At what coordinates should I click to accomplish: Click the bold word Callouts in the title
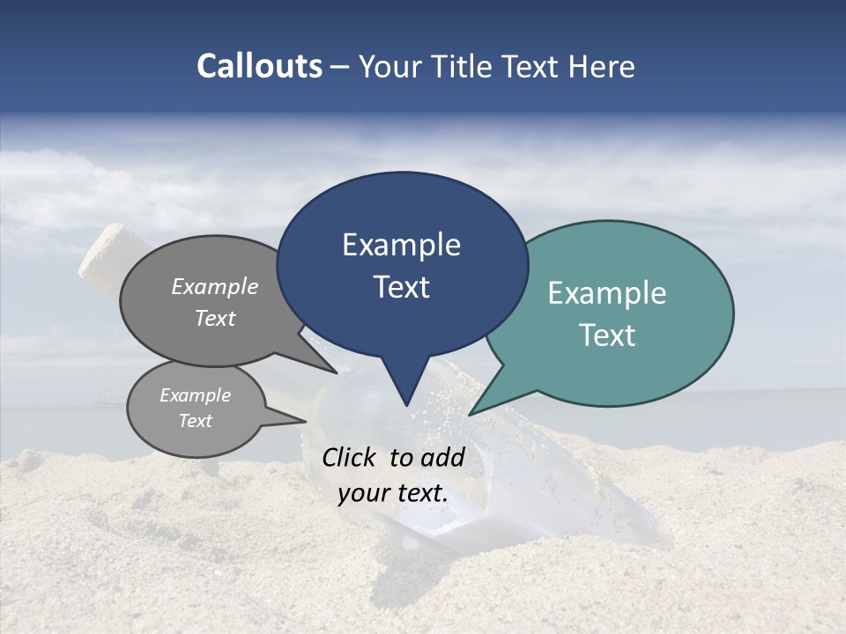pos(259,66)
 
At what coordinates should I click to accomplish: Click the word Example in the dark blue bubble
pos(401,245)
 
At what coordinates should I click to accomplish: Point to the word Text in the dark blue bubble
pos(401,287)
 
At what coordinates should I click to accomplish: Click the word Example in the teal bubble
pos(607,293)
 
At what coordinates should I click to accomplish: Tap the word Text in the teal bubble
pos(607,335)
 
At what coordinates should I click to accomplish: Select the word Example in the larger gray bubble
pos(215,286)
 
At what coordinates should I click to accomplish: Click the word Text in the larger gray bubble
pos(215,318)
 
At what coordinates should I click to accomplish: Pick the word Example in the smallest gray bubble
pos(195,395)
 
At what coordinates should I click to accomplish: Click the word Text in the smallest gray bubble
pos(195,421)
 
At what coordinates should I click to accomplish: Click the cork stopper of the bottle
pos(102,254)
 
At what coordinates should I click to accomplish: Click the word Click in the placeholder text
pos(351,457)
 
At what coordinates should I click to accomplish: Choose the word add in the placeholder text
pos(442,457)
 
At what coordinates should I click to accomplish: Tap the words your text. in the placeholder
pos(393,493)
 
